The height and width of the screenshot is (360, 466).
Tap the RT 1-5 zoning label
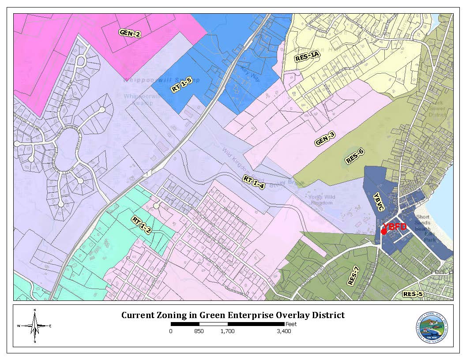click(x=181, y=84)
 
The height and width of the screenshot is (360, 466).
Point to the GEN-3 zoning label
click(x=325, y=139)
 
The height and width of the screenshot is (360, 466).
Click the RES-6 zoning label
click(x=355, y=156)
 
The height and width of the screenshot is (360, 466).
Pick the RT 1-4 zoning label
click(x=253, y=182)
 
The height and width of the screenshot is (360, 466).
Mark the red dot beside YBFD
click(x=383, y=232)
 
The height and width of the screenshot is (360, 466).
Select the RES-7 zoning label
click(x=353, y=276)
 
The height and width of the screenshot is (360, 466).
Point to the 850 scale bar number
click(x=199, y=331)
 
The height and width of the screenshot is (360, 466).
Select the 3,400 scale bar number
click(x=284, y=331)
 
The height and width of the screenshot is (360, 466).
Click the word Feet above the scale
click(x=291, y=324)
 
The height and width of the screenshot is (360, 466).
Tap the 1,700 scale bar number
click(x=228, y=331)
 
